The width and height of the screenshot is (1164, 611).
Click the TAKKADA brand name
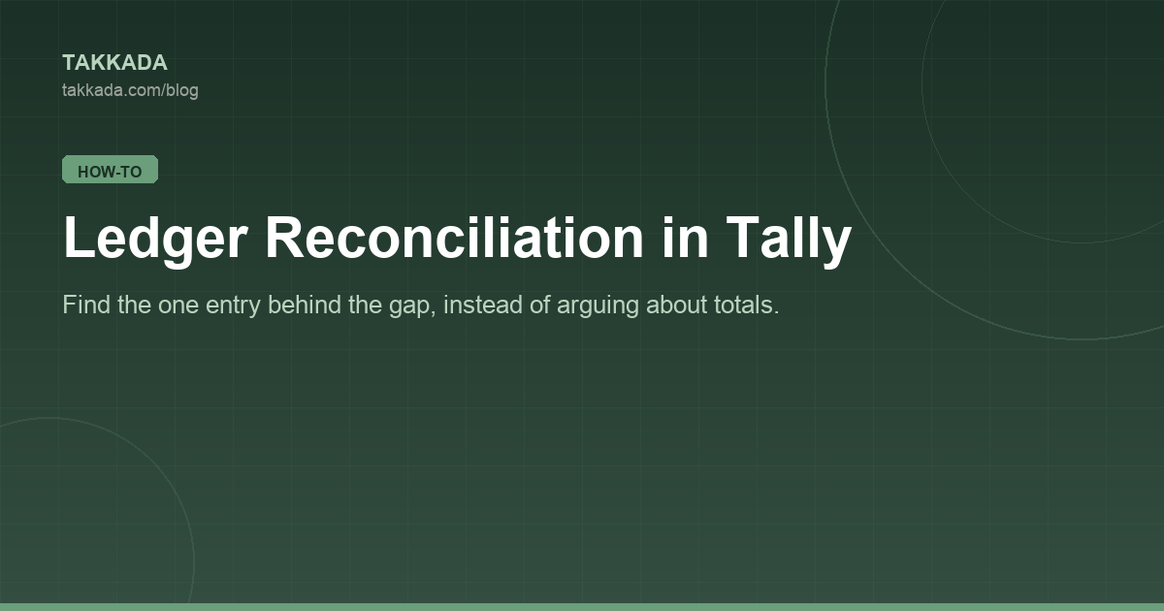pos(114,63)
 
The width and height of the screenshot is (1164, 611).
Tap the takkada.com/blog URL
pos(130,90)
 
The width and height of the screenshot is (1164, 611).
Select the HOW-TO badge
pos(111,170)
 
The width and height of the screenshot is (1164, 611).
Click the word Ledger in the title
pos(155,239)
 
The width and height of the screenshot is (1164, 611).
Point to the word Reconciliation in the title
pos(455,238)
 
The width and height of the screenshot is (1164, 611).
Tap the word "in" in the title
pos(686,238)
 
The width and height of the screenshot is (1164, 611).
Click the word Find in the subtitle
pos(86,305)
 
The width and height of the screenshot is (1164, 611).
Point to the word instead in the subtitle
pos(483,305)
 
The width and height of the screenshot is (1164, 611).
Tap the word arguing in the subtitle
pos(598,306)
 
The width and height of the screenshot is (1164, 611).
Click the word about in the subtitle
pos(676,305)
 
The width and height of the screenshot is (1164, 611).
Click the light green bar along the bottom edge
pos(582,607)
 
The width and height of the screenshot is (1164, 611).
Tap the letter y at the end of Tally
pos(835,244)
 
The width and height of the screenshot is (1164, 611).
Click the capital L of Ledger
pos(78,237)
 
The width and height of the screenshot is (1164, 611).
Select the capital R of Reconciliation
pos(285,237)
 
